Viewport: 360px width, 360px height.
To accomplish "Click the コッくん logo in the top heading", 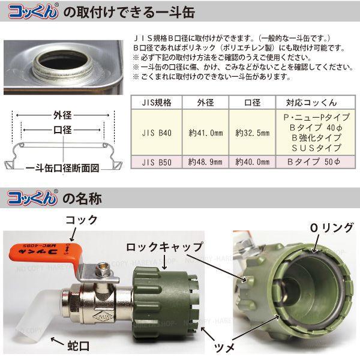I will [x=32, y=11].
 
